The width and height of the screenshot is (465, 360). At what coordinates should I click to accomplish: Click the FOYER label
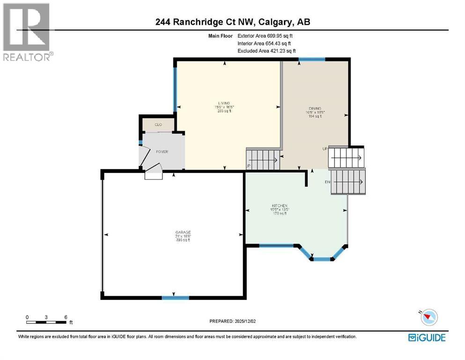coord(162,152)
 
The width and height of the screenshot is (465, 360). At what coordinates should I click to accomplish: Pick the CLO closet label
coord(158,125)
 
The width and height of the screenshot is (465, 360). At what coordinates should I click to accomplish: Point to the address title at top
coord(232,22)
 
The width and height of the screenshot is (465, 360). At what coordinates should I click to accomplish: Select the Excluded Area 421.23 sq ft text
coord(267,51)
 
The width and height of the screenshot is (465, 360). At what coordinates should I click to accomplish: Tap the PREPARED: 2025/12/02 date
coord(234,321)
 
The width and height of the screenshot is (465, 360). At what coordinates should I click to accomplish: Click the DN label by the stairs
coord(328,182)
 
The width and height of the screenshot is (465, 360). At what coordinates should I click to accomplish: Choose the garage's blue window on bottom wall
coord(176,298)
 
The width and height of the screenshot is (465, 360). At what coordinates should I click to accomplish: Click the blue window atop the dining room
coord(312,59)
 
